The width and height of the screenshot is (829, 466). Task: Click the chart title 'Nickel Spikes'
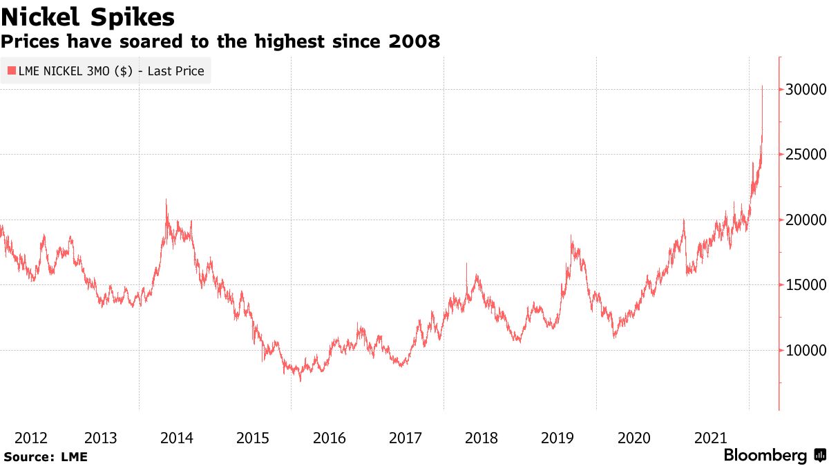click(88, 16)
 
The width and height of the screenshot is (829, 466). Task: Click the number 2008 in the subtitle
click(413, 42)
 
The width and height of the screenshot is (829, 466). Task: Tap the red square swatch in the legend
click(12, 70)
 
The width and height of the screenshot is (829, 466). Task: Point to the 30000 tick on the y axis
click(803, 89)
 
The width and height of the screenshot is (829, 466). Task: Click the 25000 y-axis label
click(803, 154)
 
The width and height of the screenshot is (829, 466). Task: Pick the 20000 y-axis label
click(803, 220)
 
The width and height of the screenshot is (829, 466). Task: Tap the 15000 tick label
click(803, 284)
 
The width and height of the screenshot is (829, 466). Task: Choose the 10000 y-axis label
click(803, 350)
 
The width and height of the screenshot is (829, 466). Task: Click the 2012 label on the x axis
click(31, 438)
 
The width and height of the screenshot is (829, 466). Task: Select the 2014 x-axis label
click(176, 438)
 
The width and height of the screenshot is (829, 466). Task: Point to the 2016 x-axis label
click(329, 438)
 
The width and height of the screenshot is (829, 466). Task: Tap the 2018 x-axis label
click(482, 438)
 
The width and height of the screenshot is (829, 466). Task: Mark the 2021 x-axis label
click(710, 438)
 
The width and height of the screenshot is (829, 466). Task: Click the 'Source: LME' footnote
click(46, 456)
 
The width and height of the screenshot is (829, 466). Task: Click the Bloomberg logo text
click(765, 456)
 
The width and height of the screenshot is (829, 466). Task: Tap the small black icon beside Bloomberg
click(820, 456)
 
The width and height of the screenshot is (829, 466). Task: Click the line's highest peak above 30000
click(762, 86)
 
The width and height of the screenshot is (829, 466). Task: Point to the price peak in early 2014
click(166, 200)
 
